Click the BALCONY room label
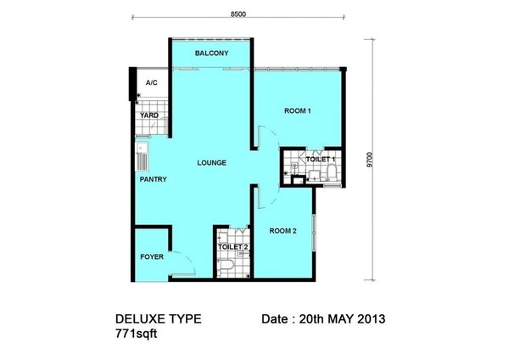[x=211, y=53]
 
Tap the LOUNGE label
[x=211, y=162]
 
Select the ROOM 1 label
[x=298, y=110]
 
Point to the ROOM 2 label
[x=282, y=231]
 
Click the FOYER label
[x=152, y=256]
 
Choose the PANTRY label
[x=154, y=179]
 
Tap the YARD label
[x=149, y=115]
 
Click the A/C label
[x=151, y=83]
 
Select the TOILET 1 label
[x=320, y=160]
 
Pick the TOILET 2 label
[x=232, y=247]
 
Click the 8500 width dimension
[x=238, y=14]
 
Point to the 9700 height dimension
[x=370, y=160]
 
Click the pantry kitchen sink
[x=142, y=156]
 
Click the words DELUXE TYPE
[x=158, y=318]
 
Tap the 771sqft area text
[x=136, y=334]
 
